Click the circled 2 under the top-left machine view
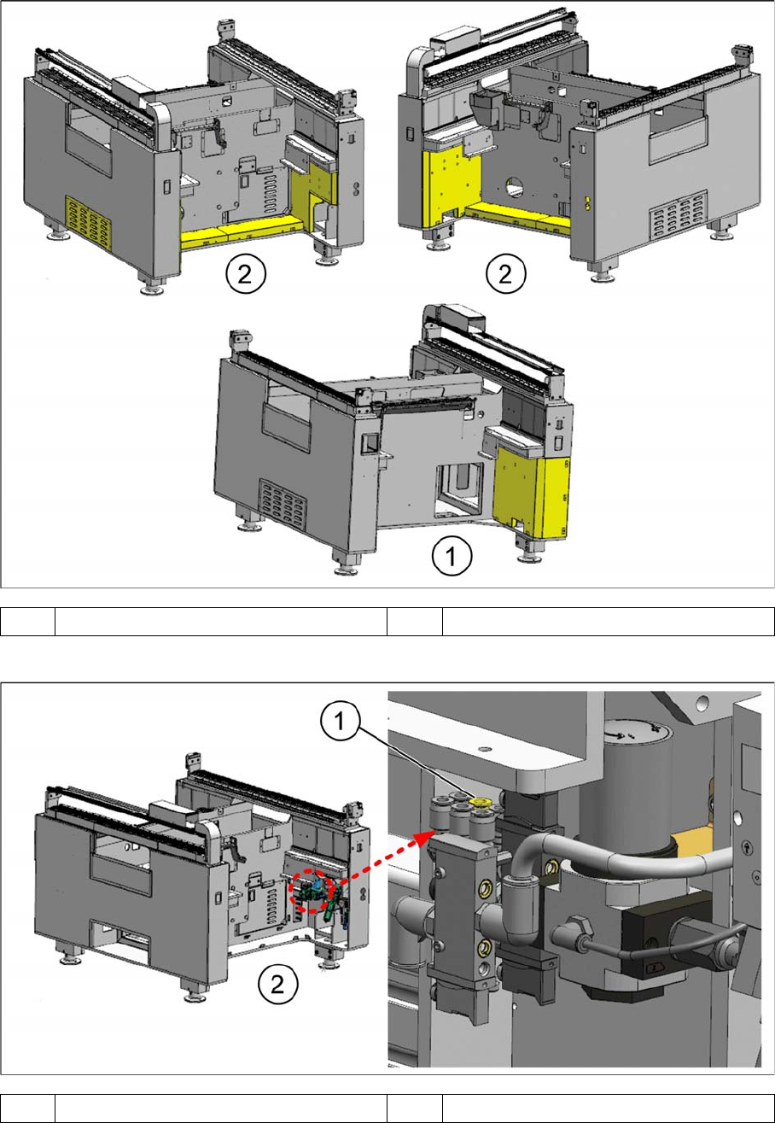tap(246, 274)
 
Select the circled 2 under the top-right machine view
tap(506, 274)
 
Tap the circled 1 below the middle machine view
tap(452, 555)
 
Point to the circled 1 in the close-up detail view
tap(340, 722)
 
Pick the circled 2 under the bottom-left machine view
tap(277, 985)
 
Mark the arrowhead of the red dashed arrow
tap(428, 834)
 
